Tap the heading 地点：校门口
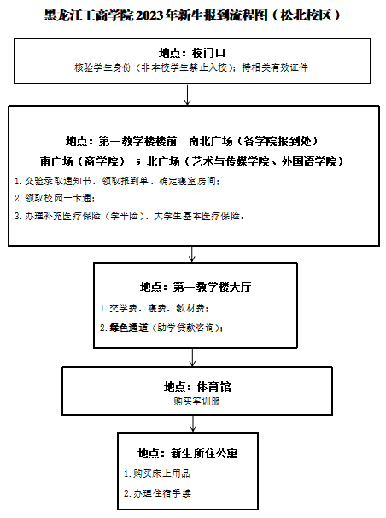(192, 53)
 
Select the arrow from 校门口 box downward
(188, 95)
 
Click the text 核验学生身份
(102, 67)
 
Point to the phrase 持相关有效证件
(275, 67)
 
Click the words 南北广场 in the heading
(211, 141)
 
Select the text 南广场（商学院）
(83, 161)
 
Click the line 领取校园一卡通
(56, 198)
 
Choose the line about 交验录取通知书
(117, 181)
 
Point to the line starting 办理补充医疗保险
(130, 216)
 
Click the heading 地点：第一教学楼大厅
(196, 287)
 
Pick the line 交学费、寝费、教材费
(155, 309)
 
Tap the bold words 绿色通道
(129, 328)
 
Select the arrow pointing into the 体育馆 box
(192, 358)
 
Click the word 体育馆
(213, 387)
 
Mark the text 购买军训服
(197, 401)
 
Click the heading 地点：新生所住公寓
(188, 453)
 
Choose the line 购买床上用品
(157, 474)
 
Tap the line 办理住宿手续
(157, 493)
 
